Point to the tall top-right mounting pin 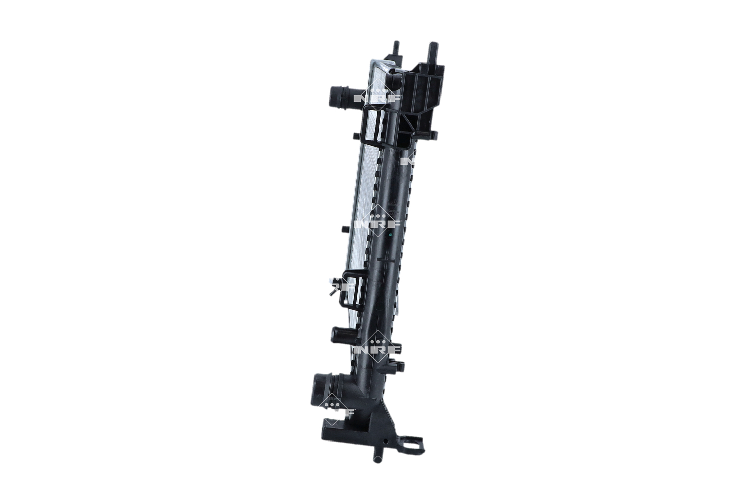point(432,51)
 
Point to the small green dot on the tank point(391,234)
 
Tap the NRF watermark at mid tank point(377,223)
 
